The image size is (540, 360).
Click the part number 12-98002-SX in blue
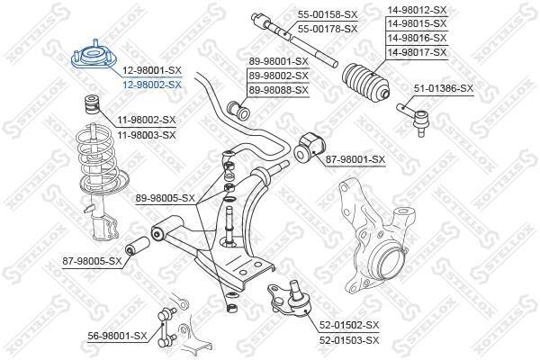point(152,85)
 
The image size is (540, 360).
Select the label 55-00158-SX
point(328,14)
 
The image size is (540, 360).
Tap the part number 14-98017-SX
point(417,52)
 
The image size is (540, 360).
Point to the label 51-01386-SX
point(444,88)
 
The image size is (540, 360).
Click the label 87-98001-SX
point(355,159)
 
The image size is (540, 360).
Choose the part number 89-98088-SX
point(279,90)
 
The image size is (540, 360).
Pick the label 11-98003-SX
point(147,135)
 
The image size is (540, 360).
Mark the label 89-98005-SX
point(166,198)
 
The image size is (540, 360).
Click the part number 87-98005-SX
point(93,261)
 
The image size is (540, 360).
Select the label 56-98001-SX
point(117,336)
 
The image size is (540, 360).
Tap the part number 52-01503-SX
point(349,340)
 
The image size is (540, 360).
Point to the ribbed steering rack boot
point(366,81)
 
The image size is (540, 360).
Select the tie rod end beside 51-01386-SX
point(414,117)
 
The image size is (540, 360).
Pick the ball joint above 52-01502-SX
point(290,299)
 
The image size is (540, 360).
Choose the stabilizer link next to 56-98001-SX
point(167,328)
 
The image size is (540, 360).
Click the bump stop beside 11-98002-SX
point(92,103)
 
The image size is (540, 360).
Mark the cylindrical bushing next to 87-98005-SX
point(137,247)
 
